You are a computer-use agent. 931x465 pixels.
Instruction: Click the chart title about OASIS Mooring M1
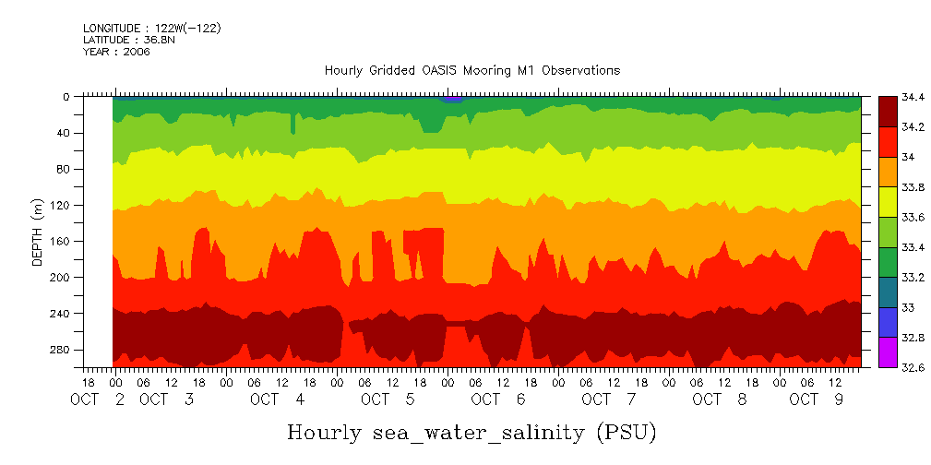471,70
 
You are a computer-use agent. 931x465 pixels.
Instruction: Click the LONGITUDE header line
151,29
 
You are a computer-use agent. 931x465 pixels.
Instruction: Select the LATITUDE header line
121,41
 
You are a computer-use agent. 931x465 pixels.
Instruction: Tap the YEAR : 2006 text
116,52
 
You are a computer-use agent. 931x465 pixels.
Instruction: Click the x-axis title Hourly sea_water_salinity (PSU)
471,432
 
